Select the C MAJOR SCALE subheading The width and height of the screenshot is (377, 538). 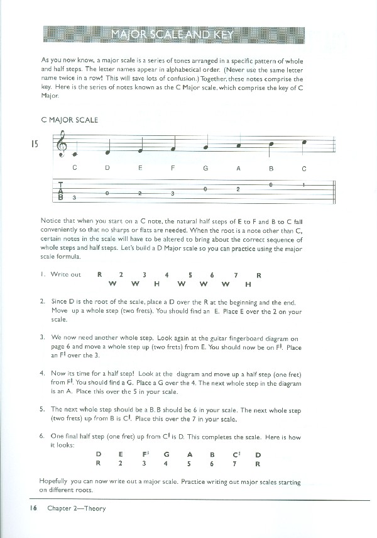(69, 120)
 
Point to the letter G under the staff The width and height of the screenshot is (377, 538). (205, 168)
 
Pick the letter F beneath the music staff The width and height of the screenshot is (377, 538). (172, 168)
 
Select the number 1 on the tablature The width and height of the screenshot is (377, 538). (303, 185)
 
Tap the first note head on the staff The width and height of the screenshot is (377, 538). (75, 154)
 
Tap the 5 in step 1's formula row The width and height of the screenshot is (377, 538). (190, 274)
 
